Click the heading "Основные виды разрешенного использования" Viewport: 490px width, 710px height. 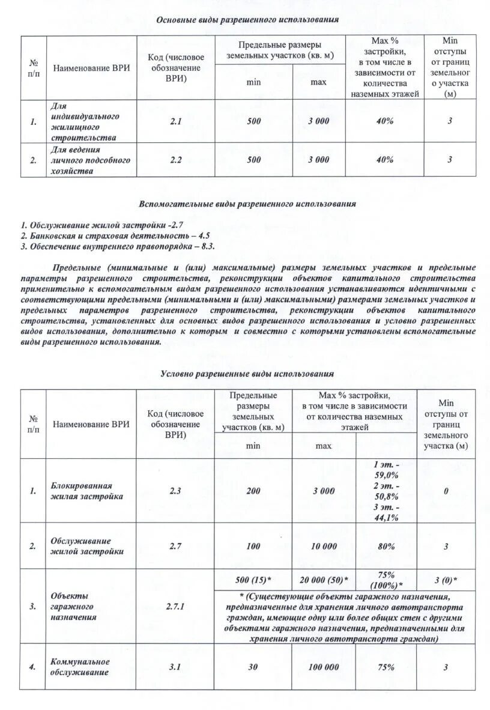pos(247,20)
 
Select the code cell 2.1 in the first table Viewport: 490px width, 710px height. pos(175,121)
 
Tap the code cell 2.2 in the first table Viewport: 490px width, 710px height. pos(175,160)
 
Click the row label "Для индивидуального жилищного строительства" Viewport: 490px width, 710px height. pos(85,121)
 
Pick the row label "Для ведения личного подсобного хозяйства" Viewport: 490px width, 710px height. pos(90,160)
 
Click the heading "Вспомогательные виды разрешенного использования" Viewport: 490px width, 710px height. pos(247,204)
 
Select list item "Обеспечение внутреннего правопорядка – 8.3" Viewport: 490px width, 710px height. pos(118,246)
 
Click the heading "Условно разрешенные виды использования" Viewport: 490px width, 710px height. pos(247,374)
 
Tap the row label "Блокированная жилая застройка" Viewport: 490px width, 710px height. pos(87,491)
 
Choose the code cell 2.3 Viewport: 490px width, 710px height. pos(175,491)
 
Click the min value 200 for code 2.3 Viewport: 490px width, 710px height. pos(253,491)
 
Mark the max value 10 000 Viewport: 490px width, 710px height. pos(324,546)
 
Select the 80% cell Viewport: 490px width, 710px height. pos(386,546)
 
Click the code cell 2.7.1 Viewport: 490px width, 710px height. pos(175,606)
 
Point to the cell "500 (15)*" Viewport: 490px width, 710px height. pos(253,580)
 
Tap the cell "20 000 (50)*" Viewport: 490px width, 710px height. pos(324,580)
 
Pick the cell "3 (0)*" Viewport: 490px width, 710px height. pos(446,580)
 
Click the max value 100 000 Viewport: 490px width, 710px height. pos(324,667)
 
